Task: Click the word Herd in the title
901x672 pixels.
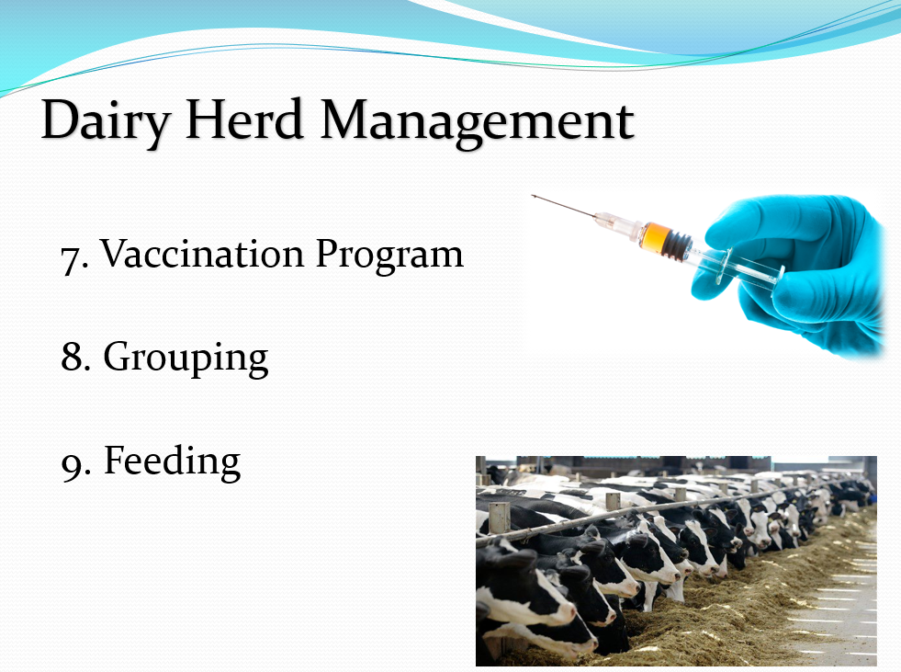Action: pyautogui.click(x=244, y=120)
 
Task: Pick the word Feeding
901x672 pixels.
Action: pyautogui.click(x=172, y=461)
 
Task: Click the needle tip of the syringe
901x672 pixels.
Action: pyautogui.click(x=534, y=197)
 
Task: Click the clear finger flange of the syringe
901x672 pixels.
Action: pyautogui.click(x=723, y=266)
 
